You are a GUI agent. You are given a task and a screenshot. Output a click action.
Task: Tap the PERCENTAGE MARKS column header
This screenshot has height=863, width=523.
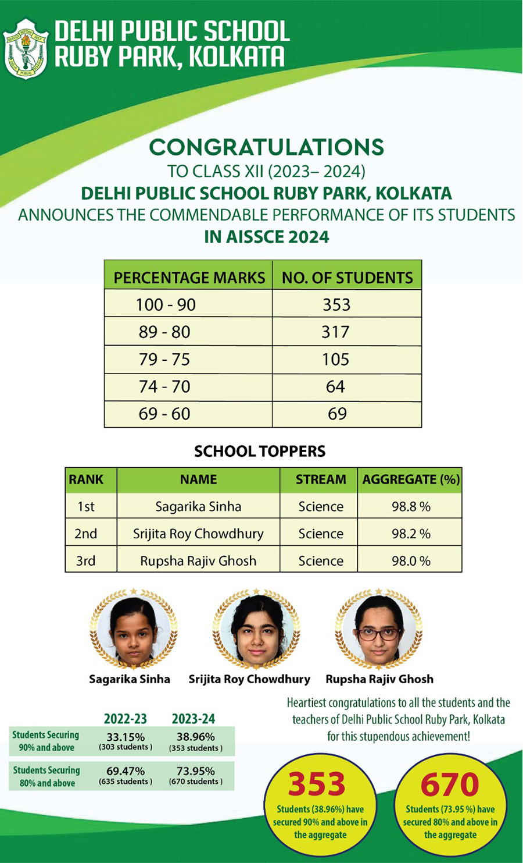189,278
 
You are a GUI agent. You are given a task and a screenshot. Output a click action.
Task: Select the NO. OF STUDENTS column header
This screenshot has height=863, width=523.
347,278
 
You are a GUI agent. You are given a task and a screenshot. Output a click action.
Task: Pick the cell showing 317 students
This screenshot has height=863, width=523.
335,332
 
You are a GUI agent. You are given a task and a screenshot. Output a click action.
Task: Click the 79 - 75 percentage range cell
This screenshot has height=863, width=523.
164,359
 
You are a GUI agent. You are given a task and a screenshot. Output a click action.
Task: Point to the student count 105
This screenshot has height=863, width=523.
335,359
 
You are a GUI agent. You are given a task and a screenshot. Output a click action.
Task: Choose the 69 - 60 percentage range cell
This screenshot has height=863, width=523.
164,414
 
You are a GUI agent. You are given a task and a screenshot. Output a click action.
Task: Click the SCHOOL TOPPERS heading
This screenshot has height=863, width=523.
260,451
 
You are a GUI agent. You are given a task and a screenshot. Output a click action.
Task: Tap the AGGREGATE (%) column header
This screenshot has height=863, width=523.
410,480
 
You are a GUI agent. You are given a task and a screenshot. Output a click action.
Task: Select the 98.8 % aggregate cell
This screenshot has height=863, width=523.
410,506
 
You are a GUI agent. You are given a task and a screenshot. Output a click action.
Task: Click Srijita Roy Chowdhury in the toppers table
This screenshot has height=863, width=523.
198,534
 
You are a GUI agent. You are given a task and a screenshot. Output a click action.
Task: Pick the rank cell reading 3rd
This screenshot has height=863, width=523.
85,561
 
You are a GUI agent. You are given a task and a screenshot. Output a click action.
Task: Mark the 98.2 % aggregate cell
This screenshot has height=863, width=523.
410,534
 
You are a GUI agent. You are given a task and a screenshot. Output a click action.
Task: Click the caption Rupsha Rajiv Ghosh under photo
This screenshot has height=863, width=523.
379,679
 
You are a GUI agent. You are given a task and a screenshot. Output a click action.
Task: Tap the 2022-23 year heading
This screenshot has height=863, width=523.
125,719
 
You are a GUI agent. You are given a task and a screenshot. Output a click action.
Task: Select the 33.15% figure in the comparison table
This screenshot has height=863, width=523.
126,737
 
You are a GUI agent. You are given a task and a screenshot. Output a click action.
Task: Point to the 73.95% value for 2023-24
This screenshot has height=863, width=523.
196,771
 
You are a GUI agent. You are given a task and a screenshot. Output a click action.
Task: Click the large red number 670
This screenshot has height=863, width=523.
450,784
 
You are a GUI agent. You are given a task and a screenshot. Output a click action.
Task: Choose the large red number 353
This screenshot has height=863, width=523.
317,784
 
